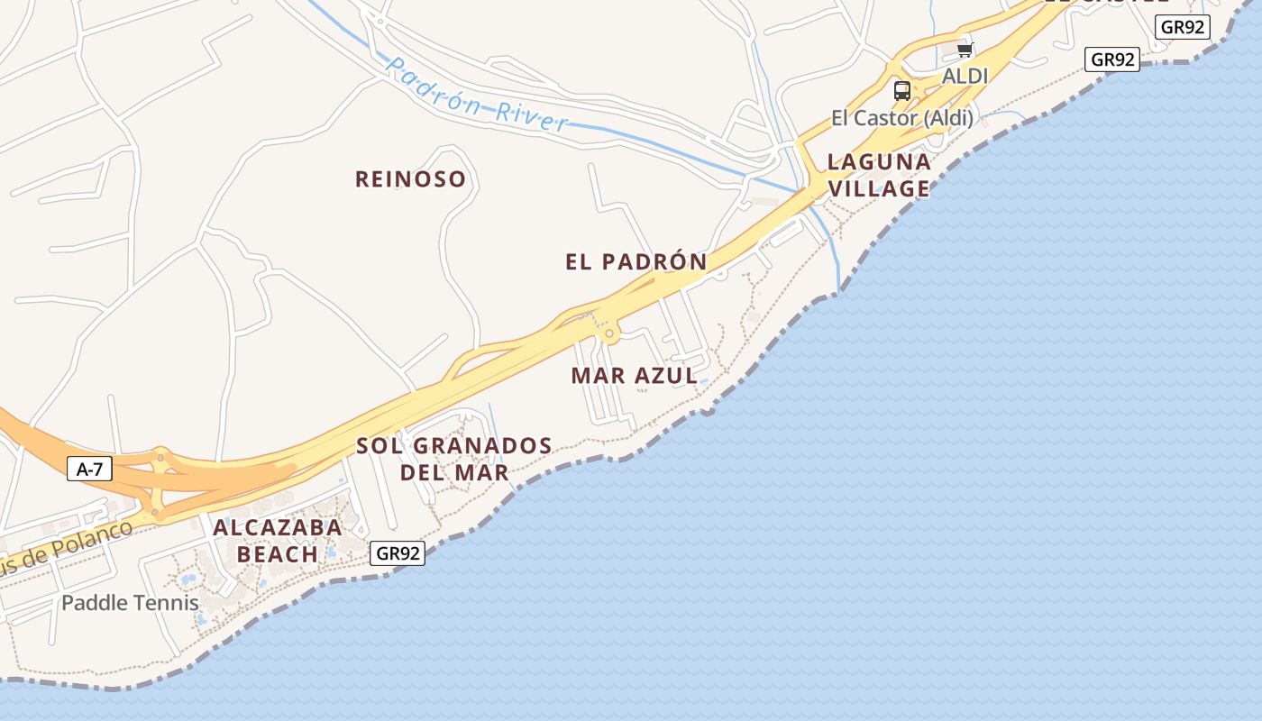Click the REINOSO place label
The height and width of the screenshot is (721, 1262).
(x=410, y=179)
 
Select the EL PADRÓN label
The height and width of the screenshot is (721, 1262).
(x=636, y=262)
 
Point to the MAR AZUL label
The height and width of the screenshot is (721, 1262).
(x=634, y=376)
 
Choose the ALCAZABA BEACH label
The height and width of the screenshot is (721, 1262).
(x=278, y=540)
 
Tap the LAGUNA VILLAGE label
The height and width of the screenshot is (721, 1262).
(x=879, y=175)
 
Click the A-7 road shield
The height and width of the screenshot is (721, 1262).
(x=89, y=469)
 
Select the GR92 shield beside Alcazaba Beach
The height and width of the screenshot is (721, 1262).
(x=398, y=553)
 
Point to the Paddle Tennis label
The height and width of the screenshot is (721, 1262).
(x=130, y=603)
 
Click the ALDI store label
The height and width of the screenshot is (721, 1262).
(x=965, y=77)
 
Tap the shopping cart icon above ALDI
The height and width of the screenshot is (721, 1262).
(x=965, y=50)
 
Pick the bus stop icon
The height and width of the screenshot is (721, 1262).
(x=901, y=90)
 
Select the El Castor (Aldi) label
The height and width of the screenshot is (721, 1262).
(x=901, y=118)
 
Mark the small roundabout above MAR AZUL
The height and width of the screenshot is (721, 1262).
(x=610, y=334)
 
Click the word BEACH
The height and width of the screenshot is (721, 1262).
(x=278, y=553)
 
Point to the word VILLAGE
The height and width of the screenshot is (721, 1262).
(x=879, y=188)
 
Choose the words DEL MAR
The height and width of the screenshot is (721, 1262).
(x=454, y=471)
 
